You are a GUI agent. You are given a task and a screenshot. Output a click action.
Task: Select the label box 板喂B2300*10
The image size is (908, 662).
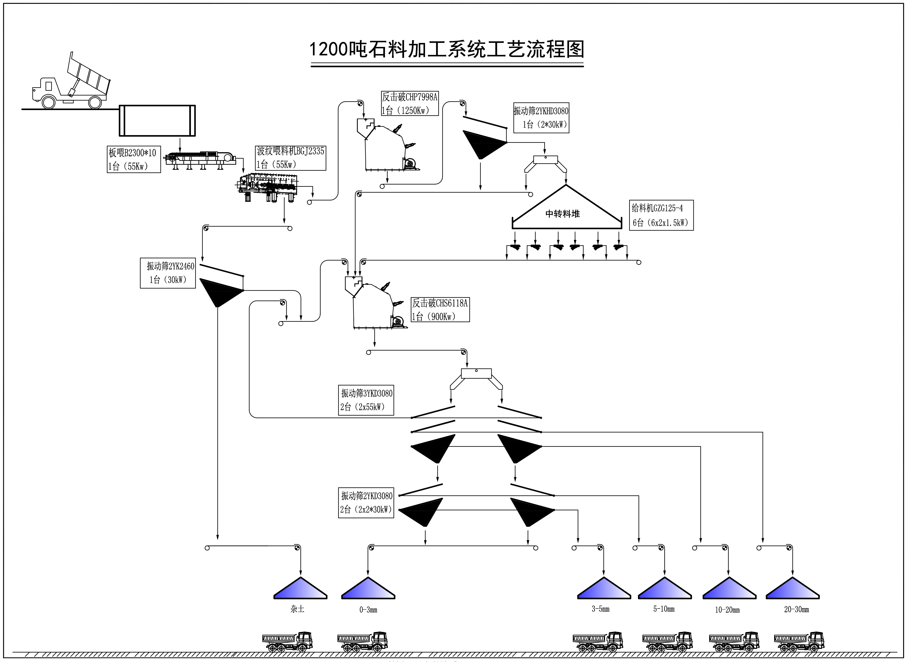click(x=133, y=159)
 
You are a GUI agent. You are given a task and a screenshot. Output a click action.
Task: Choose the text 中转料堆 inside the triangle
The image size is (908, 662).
click(x=562, y=214)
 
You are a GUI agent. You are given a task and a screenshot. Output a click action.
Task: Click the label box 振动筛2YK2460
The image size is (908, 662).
click(x=168, y=273)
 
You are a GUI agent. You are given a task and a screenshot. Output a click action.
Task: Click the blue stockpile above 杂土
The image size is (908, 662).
click(x=300, y=589)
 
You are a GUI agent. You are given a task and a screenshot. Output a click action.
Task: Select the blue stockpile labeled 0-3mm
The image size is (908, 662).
click(x=368, y=589)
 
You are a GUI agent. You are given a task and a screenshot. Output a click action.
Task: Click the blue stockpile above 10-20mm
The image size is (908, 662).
click(x=729, y=589)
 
